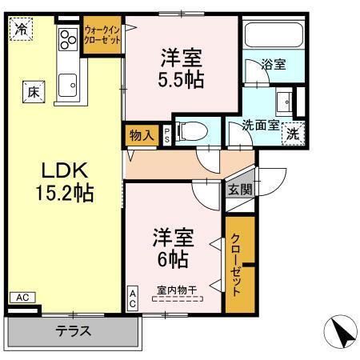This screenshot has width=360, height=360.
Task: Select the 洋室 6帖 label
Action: (171, 247)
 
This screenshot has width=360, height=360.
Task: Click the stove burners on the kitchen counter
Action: (67, 38)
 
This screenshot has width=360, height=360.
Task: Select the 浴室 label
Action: (274, 66)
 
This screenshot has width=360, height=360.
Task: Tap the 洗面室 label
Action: (260, 125)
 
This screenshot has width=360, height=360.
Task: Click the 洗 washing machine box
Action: (294, 133)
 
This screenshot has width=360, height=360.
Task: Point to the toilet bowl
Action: (191, 131)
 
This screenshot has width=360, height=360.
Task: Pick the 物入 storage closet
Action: (142, 135)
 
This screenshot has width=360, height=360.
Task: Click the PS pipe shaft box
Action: (166, 134)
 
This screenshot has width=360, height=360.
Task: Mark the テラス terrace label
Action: (73, 330)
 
